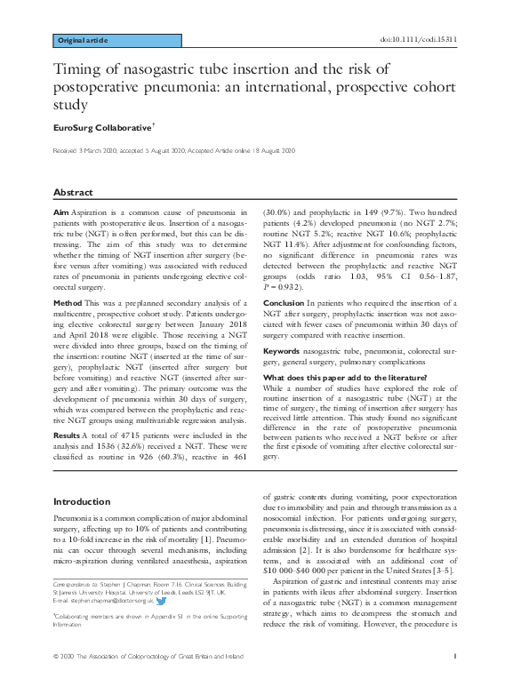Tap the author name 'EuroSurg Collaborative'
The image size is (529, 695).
pos(98,129)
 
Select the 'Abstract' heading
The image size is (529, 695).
pos(73,192)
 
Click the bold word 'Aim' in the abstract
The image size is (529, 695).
pos(61,214)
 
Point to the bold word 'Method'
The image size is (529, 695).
pos(69,302)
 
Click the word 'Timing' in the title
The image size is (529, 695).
pos(81,69)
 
